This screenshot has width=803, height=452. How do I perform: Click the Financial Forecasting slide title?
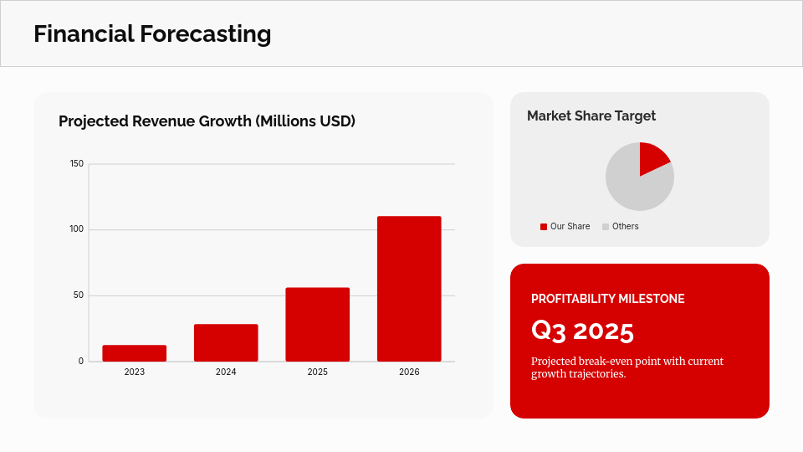[x=152, y=34]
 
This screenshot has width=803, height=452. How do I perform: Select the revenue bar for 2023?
[x=134, y=353]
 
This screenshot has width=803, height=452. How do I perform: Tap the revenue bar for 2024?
[x=226, y=343]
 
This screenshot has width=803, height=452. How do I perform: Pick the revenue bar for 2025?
[x=317, y=325]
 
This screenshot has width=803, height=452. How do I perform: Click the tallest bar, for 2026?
[x=409, y=289]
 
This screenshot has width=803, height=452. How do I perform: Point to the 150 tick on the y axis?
[x=77, y=163]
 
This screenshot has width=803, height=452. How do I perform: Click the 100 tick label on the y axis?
[x=77, y=229]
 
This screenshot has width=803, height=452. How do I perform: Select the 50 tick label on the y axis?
[x=79, y=295]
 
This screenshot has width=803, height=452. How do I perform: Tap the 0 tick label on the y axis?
[x=81, y=362]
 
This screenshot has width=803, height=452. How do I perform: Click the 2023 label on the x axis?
[x=134, y=372]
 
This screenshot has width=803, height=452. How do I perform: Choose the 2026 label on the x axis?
[x=409, y=372]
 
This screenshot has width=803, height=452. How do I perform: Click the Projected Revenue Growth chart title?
[x=207, y=121]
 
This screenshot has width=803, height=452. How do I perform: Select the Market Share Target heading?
[x=591, y=116]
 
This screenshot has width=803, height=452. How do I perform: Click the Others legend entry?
[x=625, y=227]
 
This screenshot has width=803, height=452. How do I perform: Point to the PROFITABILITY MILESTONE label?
[x=607, y=299]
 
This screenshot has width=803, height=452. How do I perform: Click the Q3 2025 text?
[x=582, y=331]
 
